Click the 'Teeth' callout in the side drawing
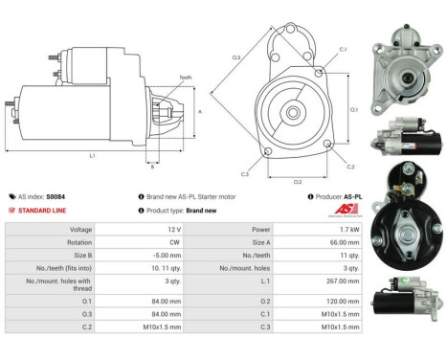coord(185,78)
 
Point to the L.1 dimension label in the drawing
coord(91,155)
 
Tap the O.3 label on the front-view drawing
coord(236,57)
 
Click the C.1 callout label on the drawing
coord(343,49)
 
